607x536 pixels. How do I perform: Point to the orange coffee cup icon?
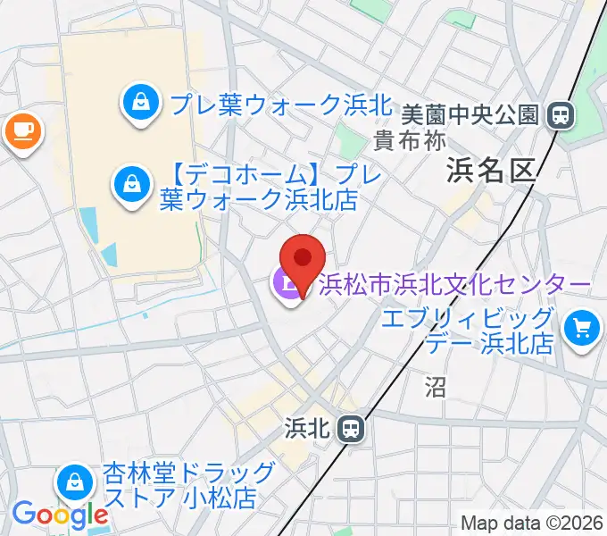click(22, 132)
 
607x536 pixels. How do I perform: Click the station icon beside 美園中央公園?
click(561, 114)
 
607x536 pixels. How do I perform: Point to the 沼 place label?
click(435, 386)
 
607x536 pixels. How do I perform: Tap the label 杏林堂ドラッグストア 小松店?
click(187, 483)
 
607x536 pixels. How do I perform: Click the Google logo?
click(59, 514)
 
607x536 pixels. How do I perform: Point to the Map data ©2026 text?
click(532, 523)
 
